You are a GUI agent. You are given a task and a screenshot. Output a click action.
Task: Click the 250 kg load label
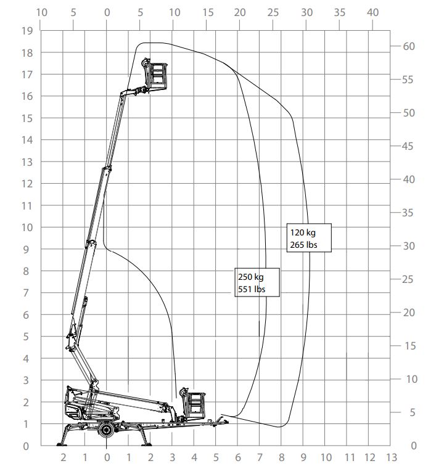click(250, 277)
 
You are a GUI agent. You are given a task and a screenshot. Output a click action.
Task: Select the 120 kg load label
click(302, 233)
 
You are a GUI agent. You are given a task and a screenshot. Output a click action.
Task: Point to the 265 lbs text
click(303, 245)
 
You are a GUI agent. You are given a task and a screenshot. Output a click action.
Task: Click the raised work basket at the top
click(157, 75)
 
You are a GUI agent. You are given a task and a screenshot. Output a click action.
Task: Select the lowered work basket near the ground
click(194, 404)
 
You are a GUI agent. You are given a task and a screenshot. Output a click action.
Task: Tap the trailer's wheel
click(107, 429)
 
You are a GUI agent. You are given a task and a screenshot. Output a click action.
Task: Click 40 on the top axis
click(372, 12)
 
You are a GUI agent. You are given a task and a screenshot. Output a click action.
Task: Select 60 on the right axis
click(409, 47)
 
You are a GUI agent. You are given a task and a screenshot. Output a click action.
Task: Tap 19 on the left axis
click(26, 31)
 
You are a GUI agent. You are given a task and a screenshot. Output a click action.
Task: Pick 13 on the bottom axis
click(390, 457)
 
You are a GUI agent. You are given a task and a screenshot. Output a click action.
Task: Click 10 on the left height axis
click(26, 227)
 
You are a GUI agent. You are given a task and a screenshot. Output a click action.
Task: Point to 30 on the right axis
click(409, 246)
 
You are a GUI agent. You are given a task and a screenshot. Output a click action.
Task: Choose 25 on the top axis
click(273, 12)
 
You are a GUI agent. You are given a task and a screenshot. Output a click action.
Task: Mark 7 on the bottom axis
click(260, 457)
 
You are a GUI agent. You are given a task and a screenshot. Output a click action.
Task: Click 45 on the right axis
click(409, 147)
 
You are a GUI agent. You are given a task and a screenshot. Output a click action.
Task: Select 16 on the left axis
click(26, 96)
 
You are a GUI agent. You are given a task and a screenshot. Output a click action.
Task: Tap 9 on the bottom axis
click(303, 457)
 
